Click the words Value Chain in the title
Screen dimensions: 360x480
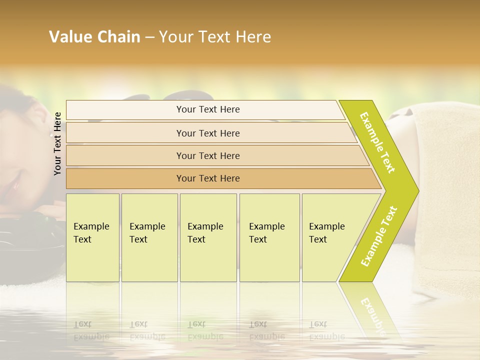(x=94, y=37)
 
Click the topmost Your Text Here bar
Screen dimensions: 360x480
(x=207, y=109)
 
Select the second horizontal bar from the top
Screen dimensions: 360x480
(x=207, y=133)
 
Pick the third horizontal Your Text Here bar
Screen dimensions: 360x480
(x=207, y=155)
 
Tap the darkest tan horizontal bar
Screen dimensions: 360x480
(x=207, y=178)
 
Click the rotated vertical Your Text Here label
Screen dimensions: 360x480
(x=57, y=143)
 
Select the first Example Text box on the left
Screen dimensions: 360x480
(x=92, y=237)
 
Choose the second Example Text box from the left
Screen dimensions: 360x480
(x=149, y=237)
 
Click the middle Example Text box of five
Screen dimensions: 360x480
(x=207, y=237)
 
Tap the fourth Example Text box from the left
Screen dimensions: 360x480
(x=269, y=237)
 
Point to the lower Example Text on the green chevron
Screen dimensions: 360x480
(x=378, y=236)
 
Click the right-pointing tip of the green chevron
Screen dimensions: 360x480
(x=415, y=191)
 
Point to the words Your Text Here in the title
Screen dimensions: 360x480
(x=215, y=37)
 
